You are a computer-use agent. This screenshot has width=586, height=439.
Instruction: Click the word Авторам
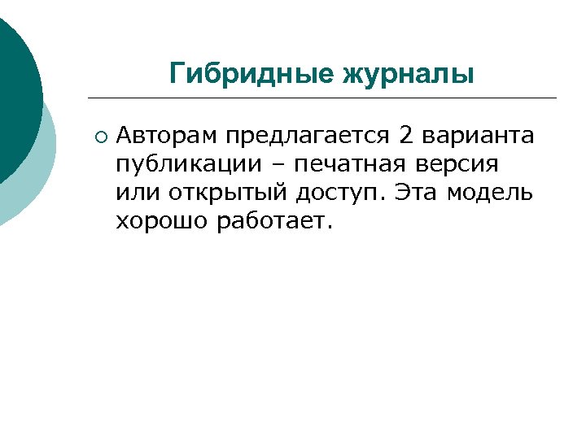pos(168,135)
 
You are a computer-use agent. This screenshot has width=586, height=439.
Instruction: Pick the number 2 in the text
pos(407,135)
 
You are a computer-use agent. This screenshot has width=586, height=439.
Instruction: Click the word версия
pos(457,164)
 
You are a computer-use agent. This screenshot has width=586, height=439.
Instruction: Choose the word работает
pos(274,221)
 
